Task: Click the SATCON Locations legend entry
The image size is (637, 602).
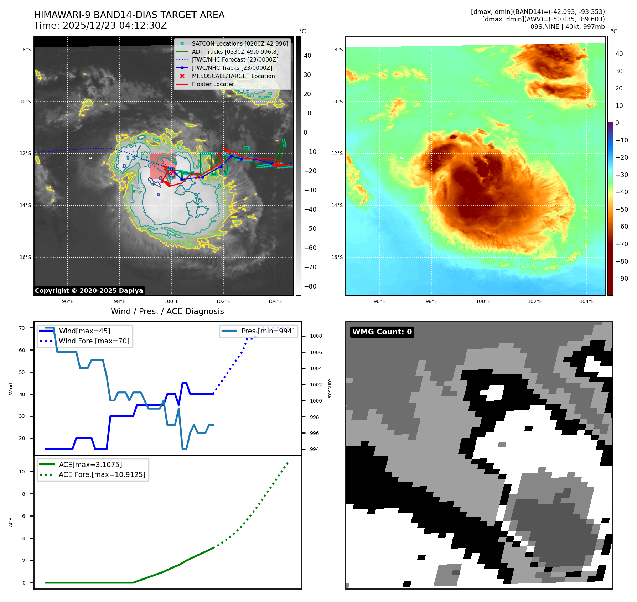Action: click(x=240, y=43)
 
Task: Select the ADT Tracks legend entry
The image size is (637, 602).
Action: click(x=235, y=52)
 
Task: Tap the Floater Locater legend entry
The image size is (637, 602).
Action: click(x=213, y=84)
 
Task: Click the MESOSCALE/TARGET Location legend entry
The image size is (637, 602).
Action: click(x=233, y=76)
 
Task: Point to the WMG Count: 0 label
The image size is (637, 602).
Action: click(x=382, y=332)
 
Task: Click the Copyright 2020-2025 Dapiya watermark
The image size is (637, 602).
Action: click(x=89, y=291)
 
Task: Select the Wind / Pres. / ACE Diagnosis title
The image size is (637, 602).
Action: click(x=167, y=311)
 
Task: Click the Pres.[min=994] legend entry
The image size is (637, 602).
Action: click(x=268, y=331)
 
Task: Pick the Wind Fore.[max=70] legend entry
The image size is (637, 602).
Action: click(x=94, y=341)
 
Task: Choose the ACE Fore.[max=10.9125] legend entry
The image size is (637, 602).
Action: click(x=102, y=474)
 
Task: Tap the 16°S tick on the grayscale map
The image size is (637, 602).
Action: click(x=25, y=257)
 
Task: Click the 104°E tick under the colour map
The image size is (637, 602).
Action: click(x=587, y=301)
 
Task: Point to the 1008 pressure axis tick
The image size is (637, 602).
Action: click(x=316, y=336)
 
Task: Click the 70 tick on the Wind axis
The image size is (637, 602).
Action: click(x=22, y=328)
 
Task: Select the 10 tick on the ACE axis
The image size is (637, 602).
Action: click(x=22, y=472)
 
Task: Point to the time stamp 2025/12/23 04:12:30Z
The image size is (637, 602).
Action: click(x=115, y=26)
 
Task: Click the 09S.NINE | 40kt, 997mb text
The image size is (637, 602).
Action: click(x=568, y=27)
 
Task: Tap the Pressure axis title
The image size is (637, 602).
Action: click(x=330, y=389)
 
